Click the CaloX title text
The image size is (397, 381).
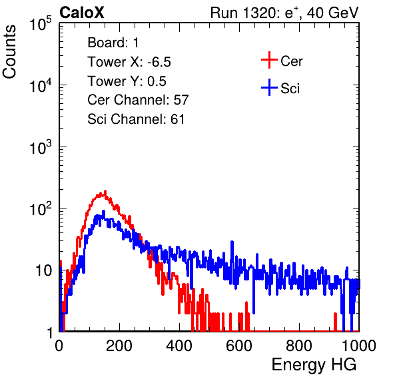(x=81, y=13)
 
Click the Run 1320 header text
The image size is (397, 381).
(x=284, y=13)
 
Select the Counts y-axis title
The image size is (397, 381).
(x=9, y=52)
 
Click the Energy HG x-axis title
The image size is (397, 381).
(x=314, y=365)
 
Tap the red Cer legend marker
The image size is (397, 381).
(x=269, y=60)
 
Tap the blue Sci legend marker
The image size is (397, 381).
(x=269, y=87)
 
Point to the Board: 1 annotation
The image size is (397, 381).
(x=113, y=43)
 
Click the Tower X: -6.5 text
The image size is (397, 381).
(x=129, y=62)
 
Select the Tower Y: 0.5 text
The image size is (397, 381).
(x=127, y=81)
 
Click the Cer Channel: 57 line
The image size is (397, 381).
(x=139, y=100)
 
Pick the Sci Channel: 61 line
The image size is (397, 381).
(x=136, y=119)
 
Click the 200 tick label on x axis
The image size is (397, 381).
(x=119, y=346)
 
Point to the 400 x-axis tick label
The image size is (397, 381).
(x=179, y=346)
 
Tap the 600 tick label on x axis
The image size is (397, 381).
(x=239, y=346)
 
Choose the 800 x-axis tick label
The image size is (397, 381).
(x=299, y=346)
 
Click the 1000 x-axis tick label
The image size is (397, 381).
(x=359, y=346)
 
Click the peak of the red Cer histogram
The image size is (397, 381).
(x=105, y=192)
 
